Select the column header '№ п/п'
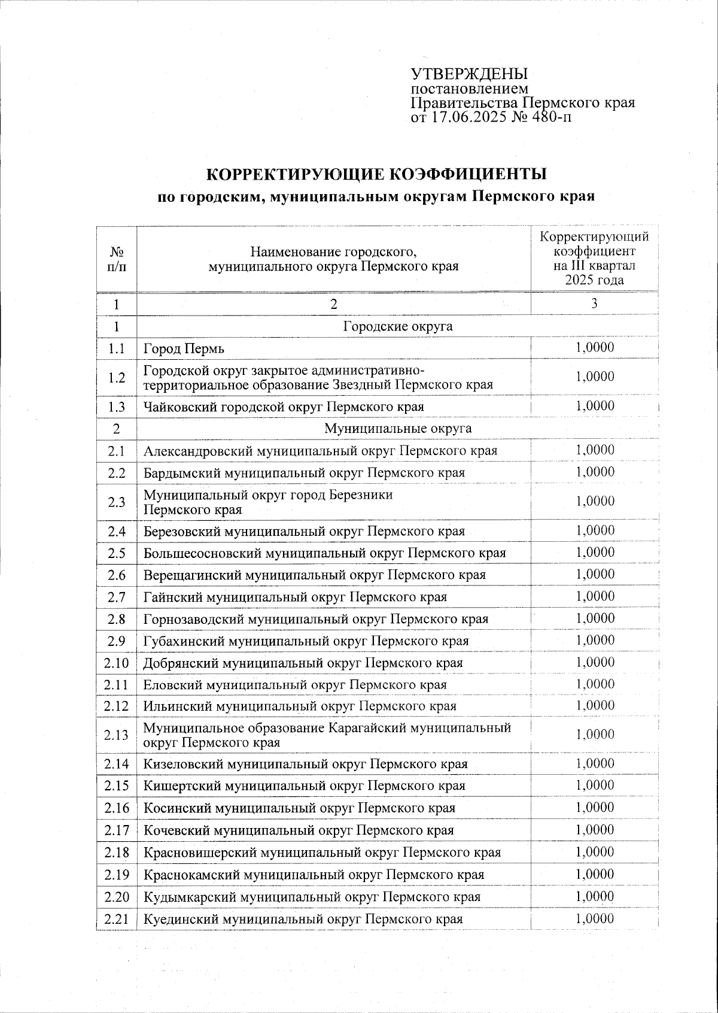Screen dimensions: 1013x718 point(117,259)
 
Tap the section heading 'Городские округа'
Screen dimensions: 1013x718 point(397,326)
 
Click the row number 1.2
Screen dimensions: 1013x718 point(117,377)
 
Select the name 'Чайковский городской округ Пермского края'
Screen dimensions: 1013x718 point(284,407)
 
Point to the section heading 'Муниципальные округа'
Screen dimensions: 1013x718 point(397,429)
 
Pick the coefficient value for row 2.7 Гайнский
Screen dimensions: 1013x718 point(595,596)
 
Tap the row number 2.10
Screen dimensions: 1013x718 point(116,663)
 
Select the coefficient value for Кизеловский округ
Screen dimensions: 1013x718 point(595,763)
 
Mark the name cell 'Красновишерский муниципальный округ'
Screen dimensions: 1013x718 point(322,852)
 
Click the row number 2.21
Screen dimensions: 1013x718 point(116,918)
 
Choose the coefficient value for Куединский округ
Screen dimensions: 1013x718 point(595,918)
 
